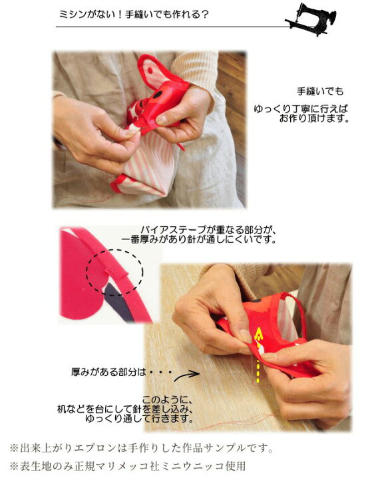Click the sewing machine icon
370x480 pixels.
pos(311,19)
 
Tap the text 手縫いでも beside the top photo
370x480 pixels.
pos(320,91)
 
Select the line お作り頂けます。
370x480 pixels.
pos(314,118)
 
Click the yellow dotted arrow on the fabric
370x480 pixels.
pos(259,356)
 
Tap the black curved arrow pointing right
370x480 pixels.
pos(187,375)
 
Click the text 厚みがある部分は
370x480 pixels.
pos(108,372)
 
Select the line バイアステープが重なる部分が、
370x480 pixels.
pos(208,229)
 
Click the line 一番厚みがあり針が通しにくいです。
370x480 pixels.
pos(199,239)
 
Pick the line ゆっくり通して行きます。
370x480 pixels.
pos(139,418)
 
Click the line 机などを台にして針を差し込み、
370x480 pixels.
pos(125,409)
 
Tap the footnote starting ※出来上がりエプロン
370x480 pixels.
pos(141,449)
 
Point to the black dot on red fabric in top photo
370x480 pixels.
pos(158,95)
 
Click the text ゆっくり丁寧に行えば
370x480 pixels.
pos(301,109)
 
